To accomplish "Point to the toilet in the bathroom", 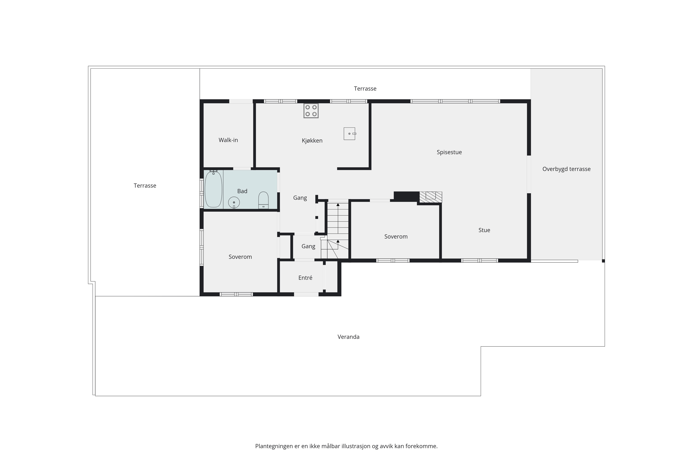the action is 263,200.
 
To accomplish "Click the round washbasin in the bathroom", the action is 234,203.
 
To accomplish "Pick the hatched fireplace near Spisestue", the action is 431,197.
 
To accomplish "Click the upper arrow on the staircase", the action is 338,204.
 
